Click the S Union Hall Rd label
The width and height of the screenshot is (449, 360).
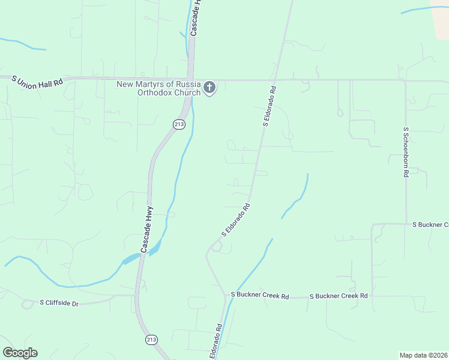[37, 80]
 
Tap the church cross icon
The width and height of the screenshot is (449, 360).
[209, 88]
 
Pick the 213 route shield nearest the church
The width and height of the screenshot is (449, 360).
[179, 124]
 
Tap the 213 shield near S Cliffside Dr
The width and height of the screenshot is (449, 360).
[151, 340]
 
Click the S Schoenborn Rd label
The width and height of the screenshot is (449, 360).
[406, 151]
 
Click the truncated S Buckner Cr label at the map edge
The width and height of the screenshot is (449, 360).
[430, 224]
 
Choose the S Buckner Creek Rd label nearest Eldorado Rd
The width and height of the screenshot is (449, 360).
[260, 296]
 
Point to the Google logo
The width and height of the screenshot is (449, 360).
[20, 353]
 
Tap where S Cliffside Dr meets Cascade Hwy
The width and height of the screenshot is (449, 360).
[136, 295]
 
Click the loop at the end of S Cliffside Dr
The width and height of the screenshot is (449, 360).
[27, 304]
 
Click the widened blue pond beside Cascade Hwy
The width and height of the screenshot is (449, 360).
[131, 259]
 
